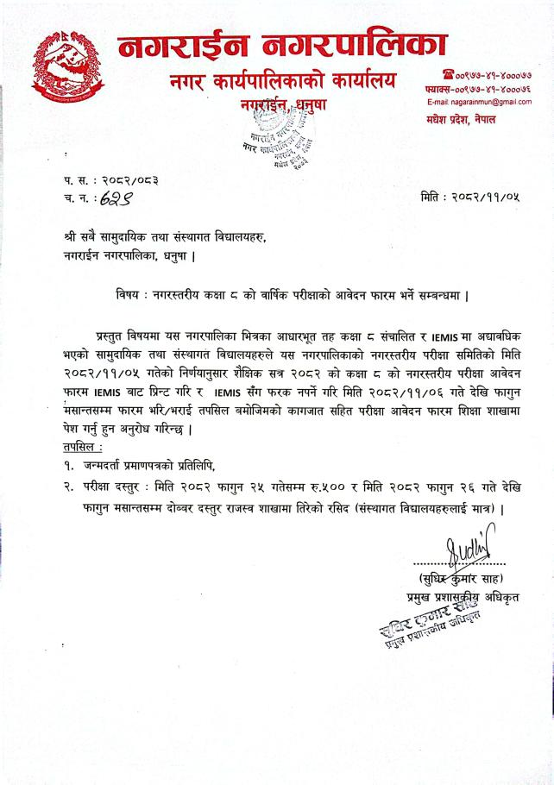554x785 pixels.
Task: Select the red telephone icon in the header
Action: click(x=448, y=73)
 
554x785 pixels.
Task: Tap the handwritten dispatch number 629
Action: click(x=117, y=198)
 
